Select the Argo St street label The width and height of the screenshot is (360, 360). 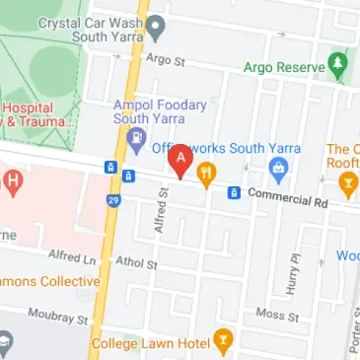pyautogui.click(x=166, y=60)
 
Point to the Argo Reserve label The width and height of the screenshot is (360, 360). pyautogui.click(x=284, y=68)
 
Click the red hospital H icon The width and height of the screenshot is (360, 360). pyautogui.click(x=12, y=180)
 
